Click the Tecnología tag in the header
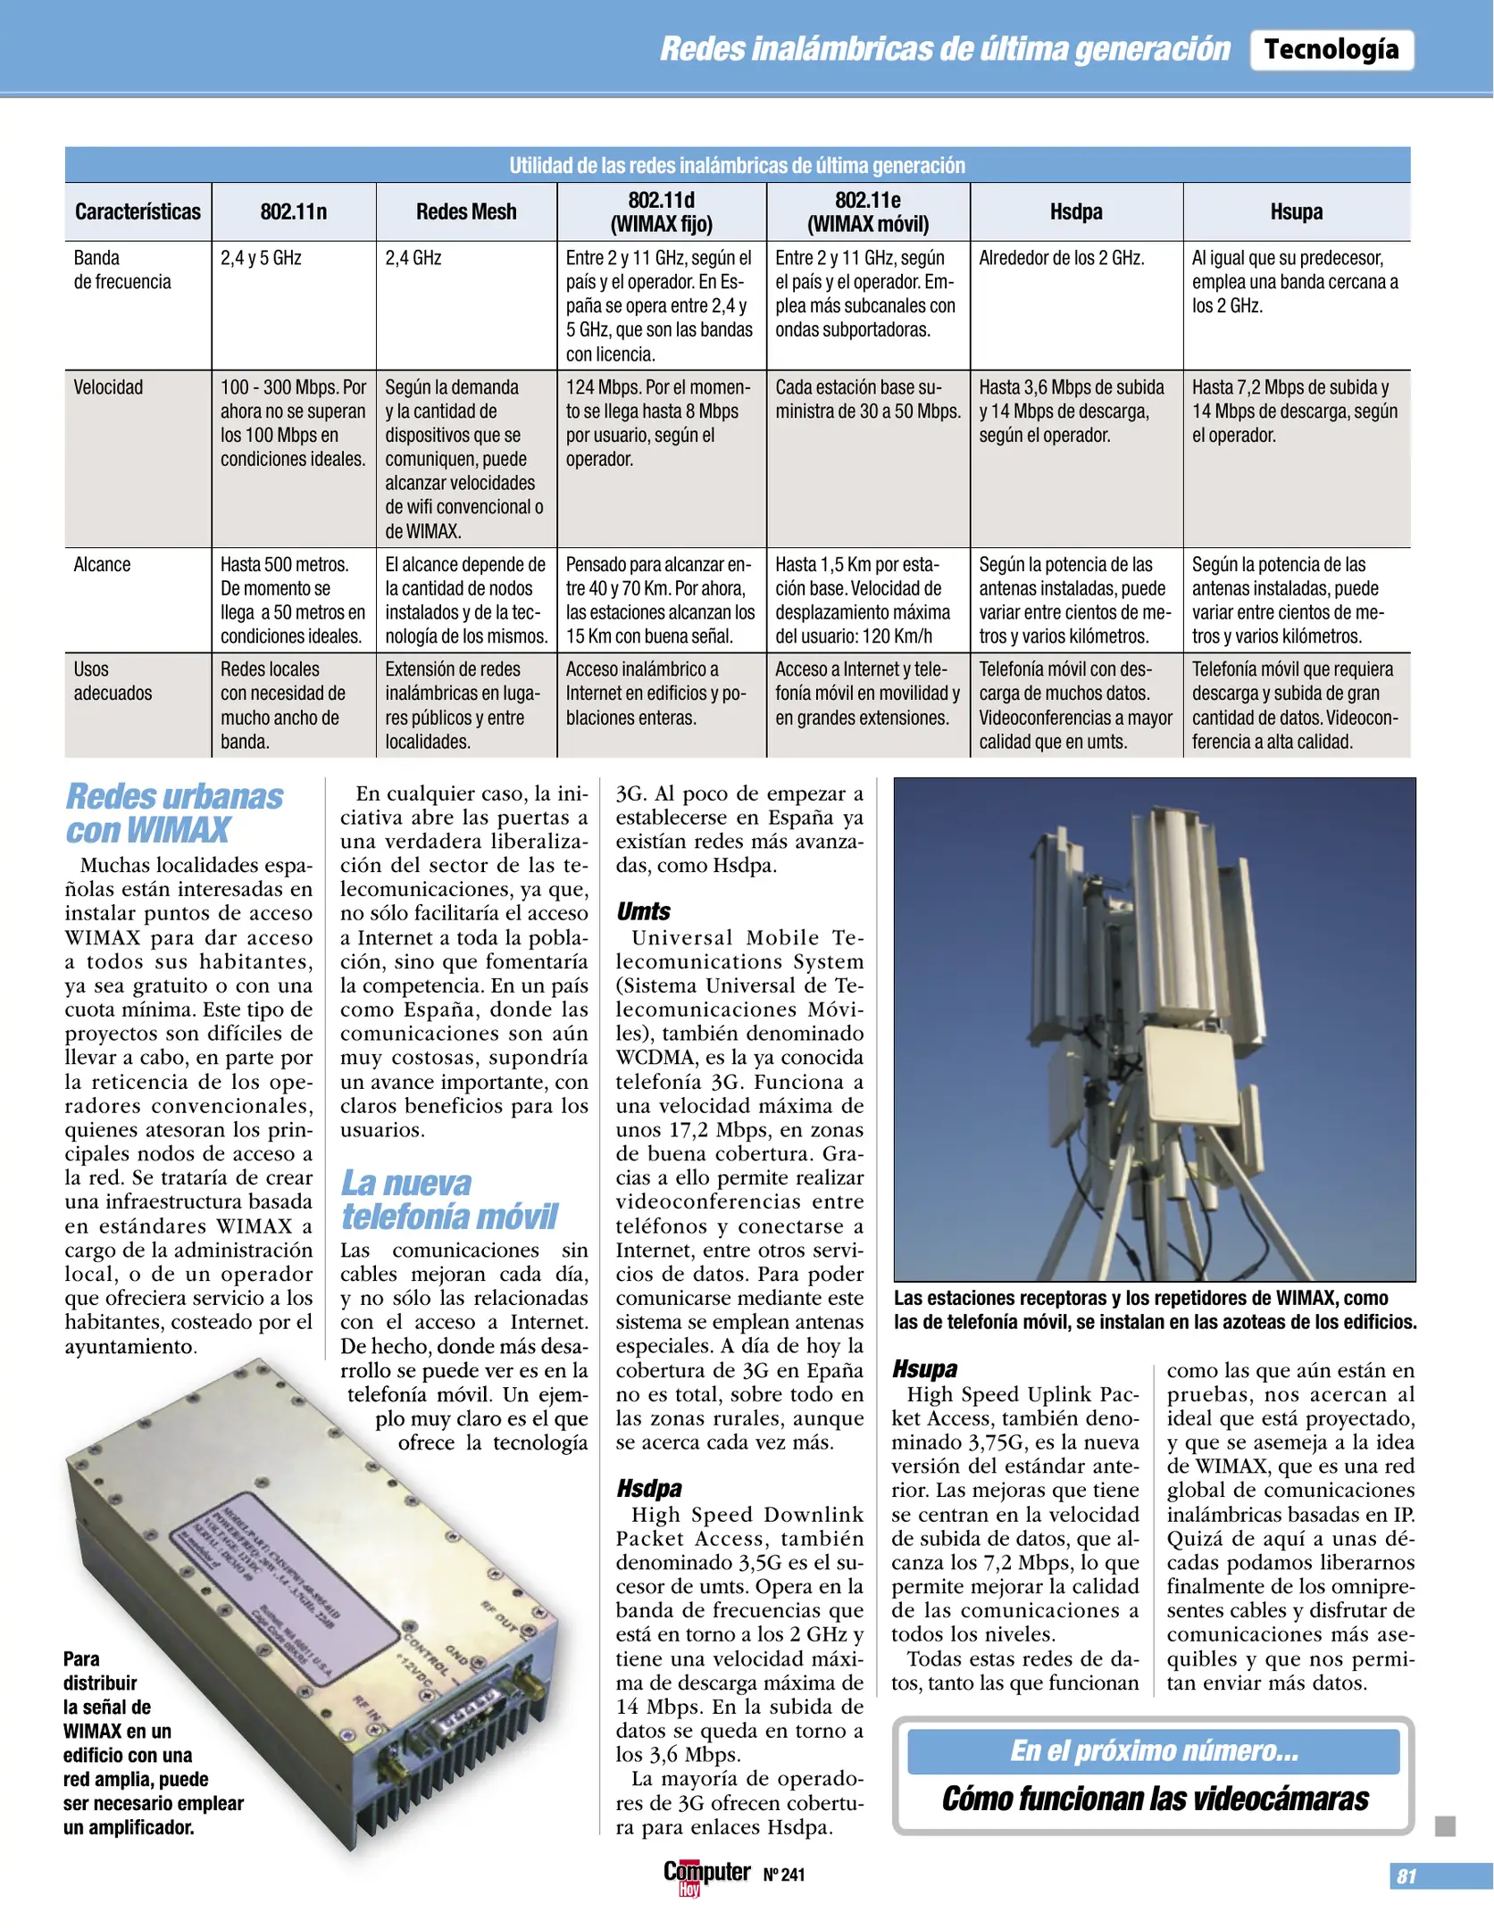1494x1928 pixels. point(1331,49)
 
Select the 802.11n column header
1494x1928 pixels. point(293,212)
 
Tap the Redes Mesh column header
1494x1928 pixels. point(465,212)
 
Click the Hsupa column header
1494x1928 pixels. point(1296,212)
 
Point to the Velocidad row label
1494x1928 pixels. point(108,387)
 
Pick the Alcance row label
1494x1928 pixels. point(102,564)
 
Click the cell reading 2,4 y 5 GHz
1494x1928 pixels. point(261,258)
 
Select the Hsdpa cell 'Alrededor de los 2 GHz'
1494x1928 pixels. point(1061,258)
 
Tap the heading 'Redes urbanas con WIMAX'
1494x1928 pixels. point(174,812)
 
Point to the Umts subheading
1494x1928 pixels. point(643,911)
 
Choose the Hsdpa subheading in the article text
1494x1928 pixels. point(648,1488)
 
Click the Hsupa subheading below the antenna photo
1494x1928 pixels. point(924,1368)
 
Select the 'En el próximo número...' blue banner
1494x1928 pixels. point(1153,1750)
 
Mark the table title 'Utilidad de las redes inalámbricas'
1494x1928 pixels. point(737,165)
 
